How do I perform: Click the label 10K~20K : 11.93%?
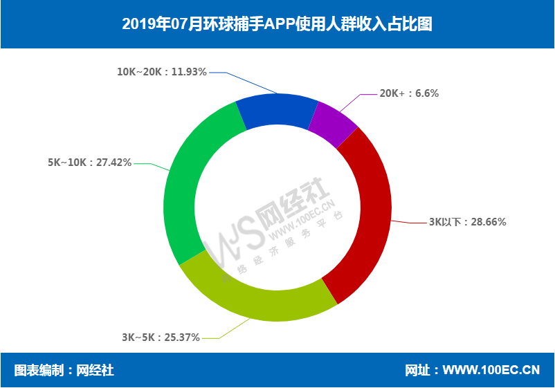coord(162,71)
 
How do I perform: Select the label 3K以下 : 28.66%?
coord(468,222)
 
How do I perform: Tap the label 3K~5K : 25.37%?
coord(161,338)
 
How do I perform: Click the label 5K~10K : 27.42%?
coord(89,163)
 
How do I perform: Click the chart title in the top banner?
coord(277,24)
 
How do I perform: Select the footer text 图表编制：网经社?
coord(64,370)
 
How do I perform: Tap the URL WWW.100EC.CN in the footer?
coord(491,370)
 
